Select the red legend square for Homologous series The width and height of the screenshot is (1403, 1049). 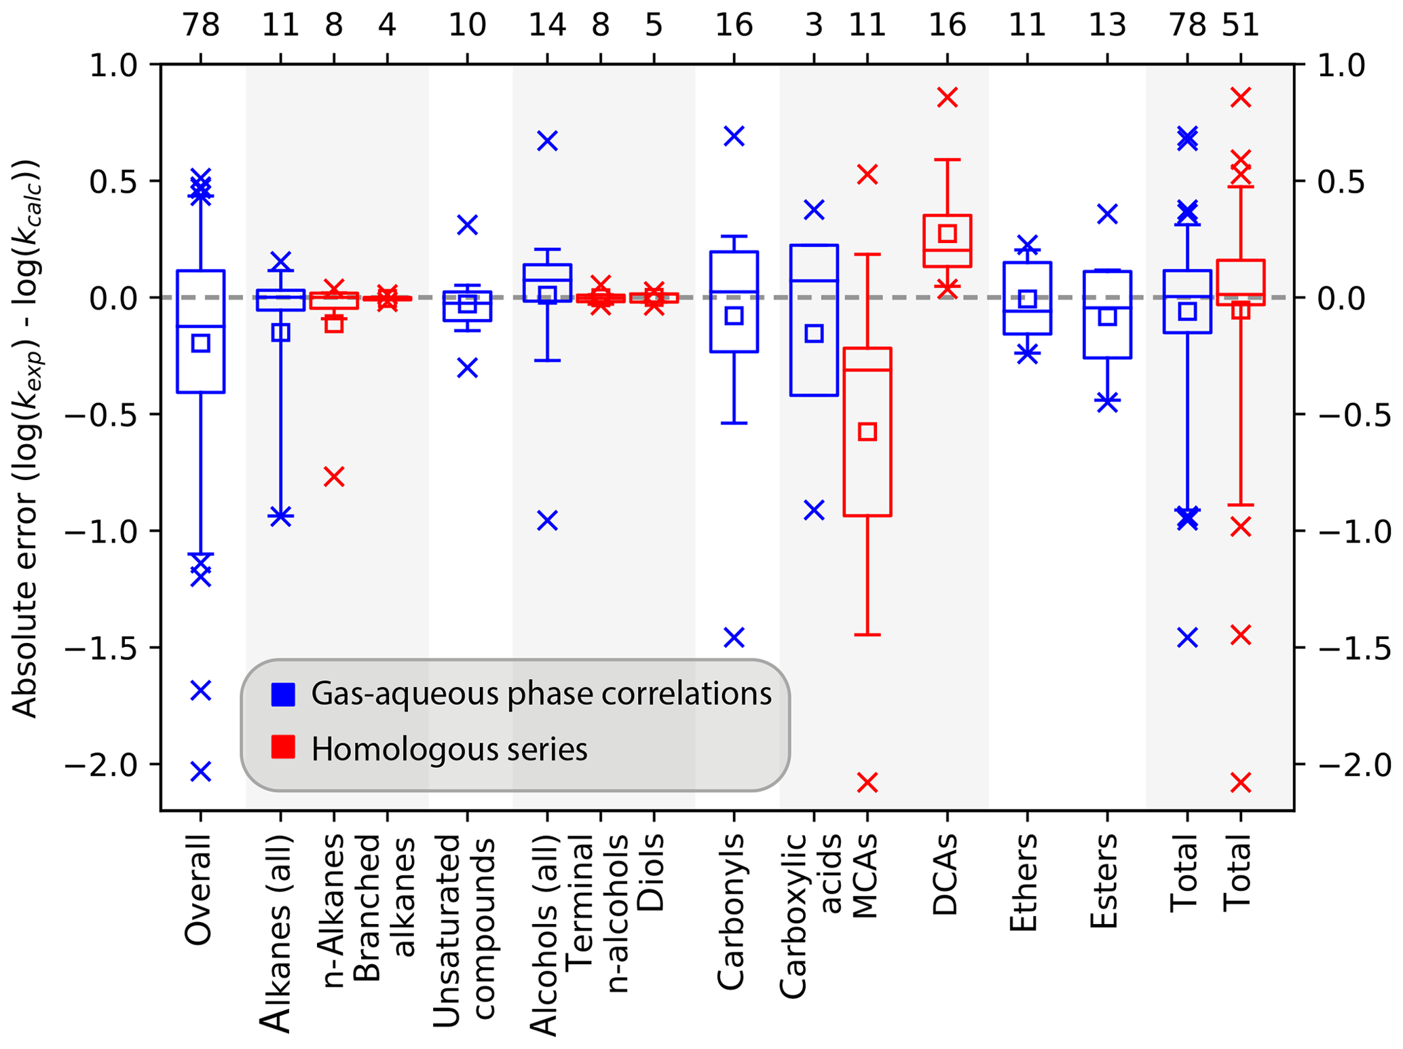[283, 747]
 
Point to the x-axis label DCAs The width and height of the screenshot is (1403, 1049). [946, 876]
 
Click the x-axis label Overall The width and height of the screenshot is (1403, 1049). [200, 889]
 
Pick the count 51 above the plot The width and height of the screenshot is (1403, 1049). [1240, 26]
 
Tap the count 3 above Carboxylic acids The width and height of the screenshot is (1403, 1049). [814, 26]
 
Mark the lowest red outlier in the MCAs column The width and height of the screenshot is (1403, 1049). [867, 783]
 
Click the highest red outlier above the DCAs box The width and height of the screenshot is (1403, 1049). [947, 97]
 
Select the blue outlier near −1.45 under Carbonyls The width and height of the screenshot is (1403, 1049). [734, 637]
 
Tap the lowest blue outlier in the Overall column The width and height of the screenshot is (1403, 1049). [200, 771]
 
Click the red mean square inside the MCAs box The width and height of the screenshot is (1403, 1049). [867, 431]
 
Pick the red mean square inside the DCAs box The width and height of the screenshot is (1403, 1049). [947, 234]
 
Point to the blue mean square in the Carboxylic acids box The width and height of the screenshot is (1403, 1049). [814, 333]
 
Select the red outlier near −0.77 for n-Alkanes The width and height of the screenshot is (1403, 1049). [334, 477]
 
